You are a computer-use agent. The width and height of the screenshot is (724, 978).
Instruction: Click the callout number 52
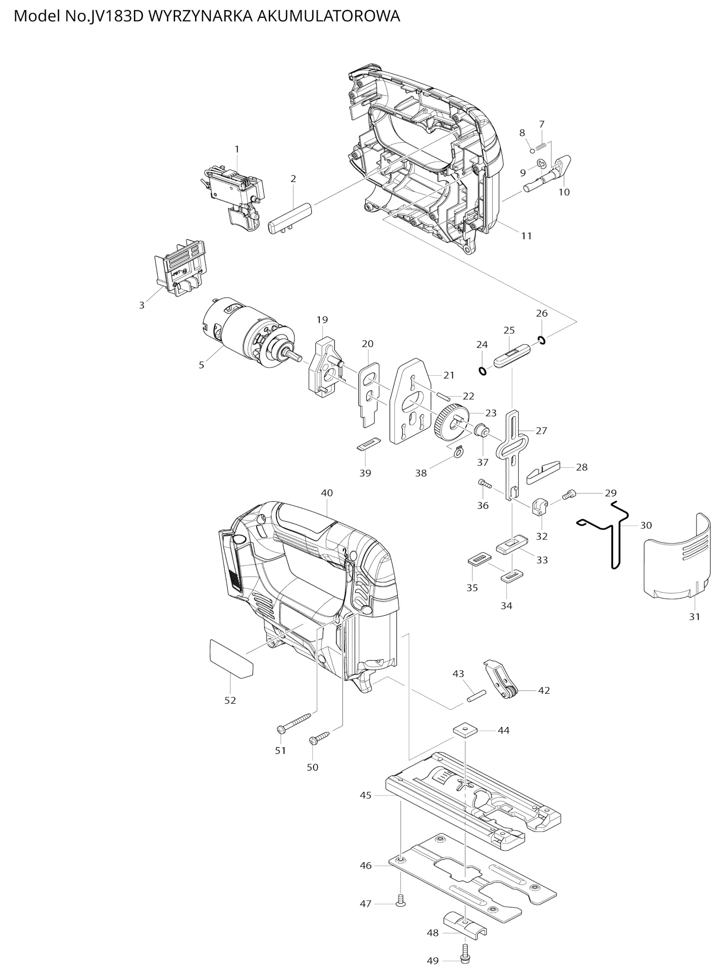tap(230, 700)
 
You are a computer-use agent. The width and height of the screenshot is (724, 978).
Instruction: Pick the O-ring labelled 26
tap(542, 340)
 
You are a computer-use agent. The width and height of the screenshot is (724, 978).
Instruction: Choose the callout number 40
tap(327, 493)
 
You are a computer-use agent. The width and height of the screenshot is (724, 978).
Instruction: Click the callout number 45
tap(366, 796)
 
